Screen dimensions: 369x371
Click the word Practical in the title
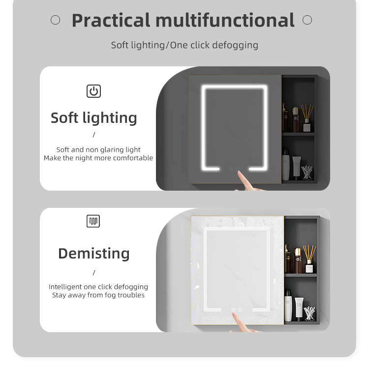(111, 20)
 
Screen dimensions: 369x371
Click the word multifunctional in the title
(225, 20)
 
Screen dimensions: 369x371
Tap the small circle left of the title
(56, 20)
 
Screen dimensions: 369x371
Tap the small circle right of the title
(307, 20)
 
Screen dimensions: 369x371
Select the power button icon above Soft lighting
(93, 91)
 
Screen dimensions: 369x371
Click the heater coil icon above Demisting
(93, 221)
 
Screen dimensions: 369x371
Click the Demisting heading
(94, 254)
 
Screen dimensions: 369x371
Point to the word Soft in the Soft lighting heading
(64, 117)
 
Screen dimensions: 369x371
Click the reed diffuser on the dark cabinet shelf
(307, 117)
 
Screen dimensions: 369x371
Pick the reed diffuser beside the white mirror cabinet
(309, 259)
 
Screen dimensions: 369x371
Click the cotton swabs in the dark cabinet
(307, 172)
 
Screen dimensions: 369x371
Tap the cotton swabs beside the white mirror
(309, 314)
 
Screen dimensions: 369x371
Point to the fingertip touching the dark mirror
(239, 172)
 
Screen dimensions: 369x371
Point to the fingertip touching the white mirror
(234, 314)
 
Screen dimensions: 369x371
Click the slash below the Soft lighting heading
(94, 135)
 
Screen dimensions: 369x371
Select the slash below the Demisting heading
(94, 273)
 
